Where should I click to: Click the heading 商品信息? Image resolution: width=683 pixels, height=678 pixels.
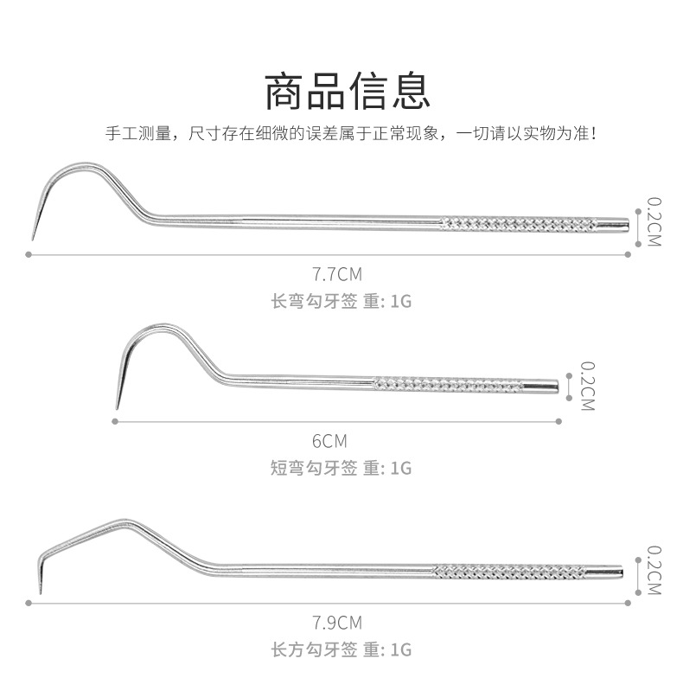pyautogui.click(x=346, y=90)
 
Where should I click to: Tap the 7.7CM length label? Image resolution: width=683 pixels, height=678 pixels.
pyautogui.click(x=337, y=275)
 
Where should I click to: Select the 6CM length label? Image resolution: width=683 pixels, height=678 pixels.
pyautogui.click(x=329, y=441)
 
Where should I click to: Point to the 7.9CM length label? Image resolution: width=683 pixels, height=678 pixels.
pyautogui.click(x=337, y=622)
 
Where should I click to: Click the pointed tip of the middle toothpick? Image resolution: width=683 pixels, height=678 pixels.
pyautogui.click(x=118, y=406)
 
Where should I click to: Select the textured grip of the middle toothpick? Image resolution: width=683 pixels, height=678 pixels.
pyautogui.click(x=447, y=383)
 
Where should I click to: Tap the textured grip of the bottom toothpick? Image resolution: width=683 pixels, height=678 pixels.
pyautogui.click(x=508, y=572)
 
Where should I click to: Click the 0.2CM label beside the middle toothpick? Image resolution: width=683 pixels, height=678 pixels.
pyautogui.click(x=587, y=386)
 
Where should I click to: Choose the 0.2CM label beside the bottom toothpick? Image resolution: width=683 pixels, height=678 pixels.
pyautogui.click(x=654, y=570)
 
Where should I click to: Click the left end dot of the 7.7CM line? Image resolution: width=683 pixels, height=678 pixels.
pyautogui.click(x=29, y=254)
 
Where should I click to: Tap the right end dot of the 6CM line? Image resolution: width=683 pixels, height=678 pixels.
pyautogui.click(x=559, y=421)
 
